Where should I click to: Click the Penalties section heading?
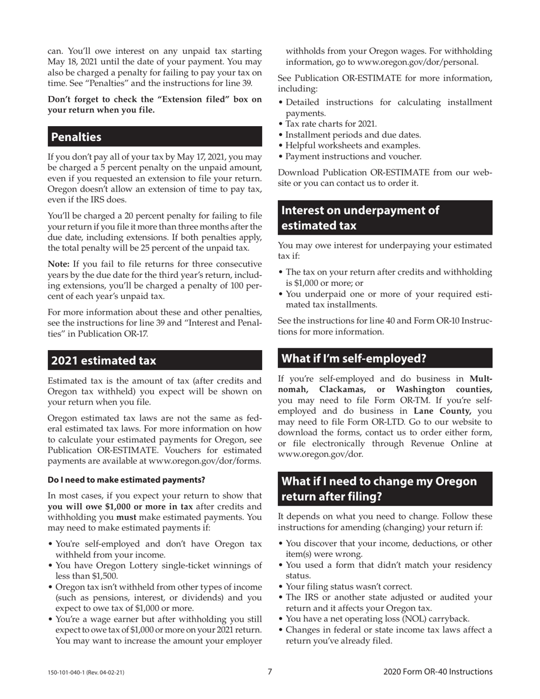[76, 137]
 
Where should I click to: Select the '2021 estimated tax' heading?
[103, 360]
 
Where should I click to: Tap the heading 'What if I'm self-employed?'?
[354, 358]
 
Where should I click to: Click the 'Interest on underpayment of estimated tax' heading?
[360, 218]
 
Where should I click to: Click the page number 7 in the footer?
[270, 672]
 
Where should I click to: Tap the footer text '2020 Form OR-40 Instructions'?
[438, 672]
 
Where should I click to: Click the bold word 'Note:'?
[59, 264]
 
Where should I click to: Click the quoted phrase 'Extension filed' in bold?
[185, 99]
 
